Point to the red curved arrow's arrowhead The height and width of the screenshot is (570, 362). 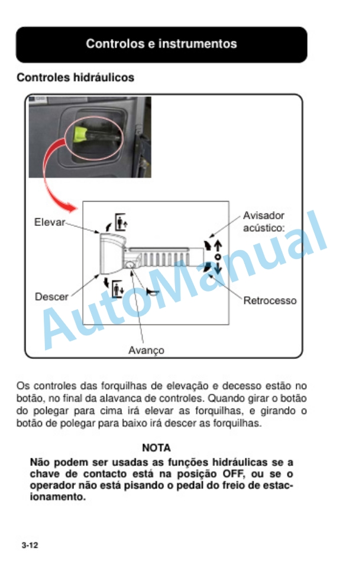[x=73, y=208]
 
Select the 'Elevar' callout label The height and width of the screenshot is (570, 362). [x=49, y=223]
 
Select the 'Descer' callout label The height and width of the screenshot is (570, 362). [x=51, y=296]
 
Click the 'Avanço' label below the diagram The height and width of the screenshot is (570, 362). [x=146, y=350]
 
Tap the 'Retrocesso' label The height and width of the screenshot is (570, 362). [x=270, y=300]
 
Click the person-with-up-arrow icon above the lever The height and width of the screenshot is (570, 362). [x=121, y=222]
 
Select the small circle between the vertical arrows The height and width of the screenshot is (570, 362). [x=218, y=257]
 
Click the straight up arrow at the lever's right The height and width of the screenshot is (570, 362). [x=218, y=244]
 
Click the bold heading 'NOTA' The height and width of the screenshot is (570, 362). [x=156, y=449]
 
